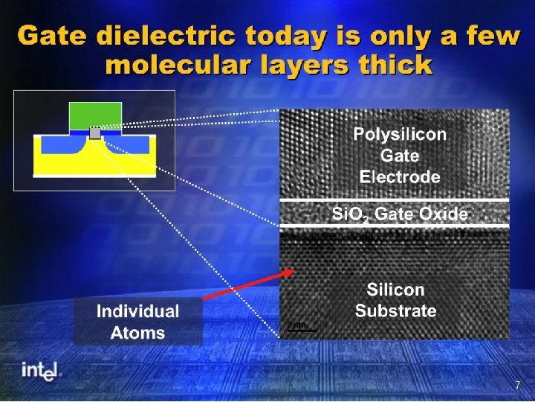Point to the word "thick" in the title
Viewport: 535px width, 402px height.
pos(393,65)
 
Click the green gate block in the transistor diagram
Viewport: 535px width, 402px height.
pos(95,115)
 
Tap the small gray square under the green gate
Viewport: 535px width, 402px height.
pos(95,133)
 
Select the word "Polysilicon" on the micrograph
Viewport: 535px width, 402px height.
pos(400,135)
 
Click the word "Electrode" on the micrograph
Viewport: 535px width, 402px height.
pos(400,177)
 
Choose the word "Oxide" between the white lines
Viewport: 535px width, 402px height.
pos(444,214)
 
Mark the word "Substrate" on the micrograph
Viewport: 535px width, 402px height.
pos(395,311)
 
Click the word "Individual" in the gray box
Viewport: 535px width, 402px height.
pos(137,312)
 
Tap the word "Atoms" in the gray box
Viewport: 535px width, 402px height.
pos(137,333)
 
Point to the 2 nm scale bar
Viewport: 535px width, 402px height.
pos(302,329)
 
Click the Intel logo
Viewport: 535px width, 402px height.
pos(41,371)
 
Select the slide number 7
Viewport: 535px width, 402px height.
pos(518,385)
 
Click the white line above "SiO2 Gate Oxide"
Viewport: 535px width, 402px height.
pos(395,200)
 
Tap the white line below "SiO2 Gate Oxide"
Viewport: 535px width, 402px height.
pos(395,226)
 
